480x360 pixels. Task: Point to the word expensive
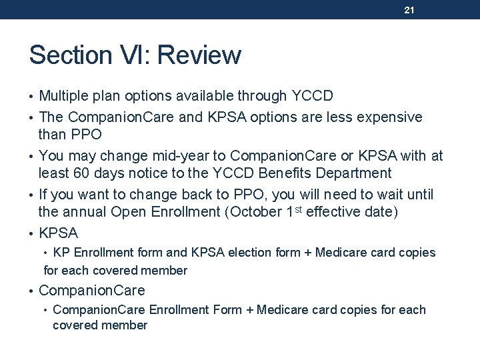pos(388,117)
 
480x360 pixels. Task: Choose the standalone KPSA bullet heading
pos(59,233)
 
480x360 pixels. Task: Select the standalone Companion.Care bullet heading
pos(92,291)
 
